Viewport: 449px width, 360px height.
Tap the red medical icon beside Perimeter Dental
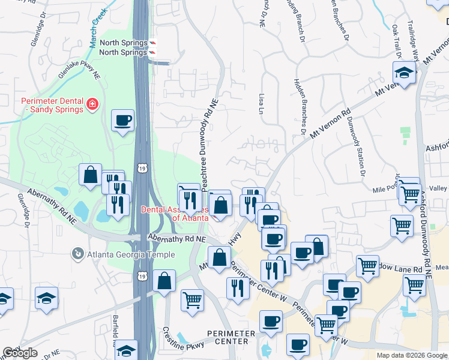tap(92, 105)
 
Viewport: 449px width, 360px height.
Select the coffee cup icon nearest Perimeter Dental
tap(122, 121)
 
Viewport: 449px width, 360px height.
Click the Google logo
tap(20, 353)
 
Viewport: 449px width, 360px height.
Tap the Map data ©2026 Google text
tap(412, 355)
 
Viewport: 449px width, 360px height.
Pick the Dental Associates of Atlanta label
tap(174, 214)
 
